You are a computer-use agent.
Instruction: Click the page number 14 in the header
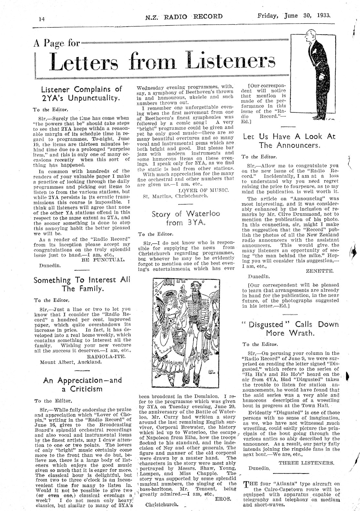tap(41, 19)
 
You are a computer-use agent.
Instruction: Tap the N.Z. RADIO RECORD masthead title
tap(184, 16)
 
